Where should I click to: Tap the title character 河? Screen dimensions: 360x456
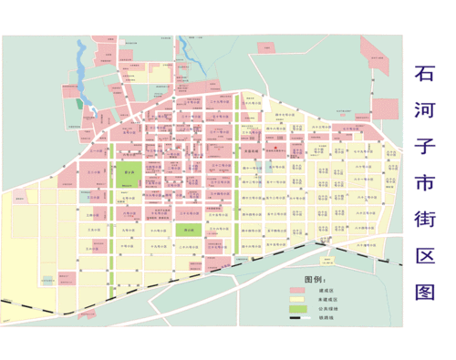pyautogui.click(x=426, y=109)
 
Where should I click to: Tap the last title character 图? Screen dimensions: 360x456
pyautogui.click(x=426, y=291)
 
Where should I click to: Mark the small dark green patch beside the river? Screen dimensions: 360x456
pyautogui.click(x=78, y=103)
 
